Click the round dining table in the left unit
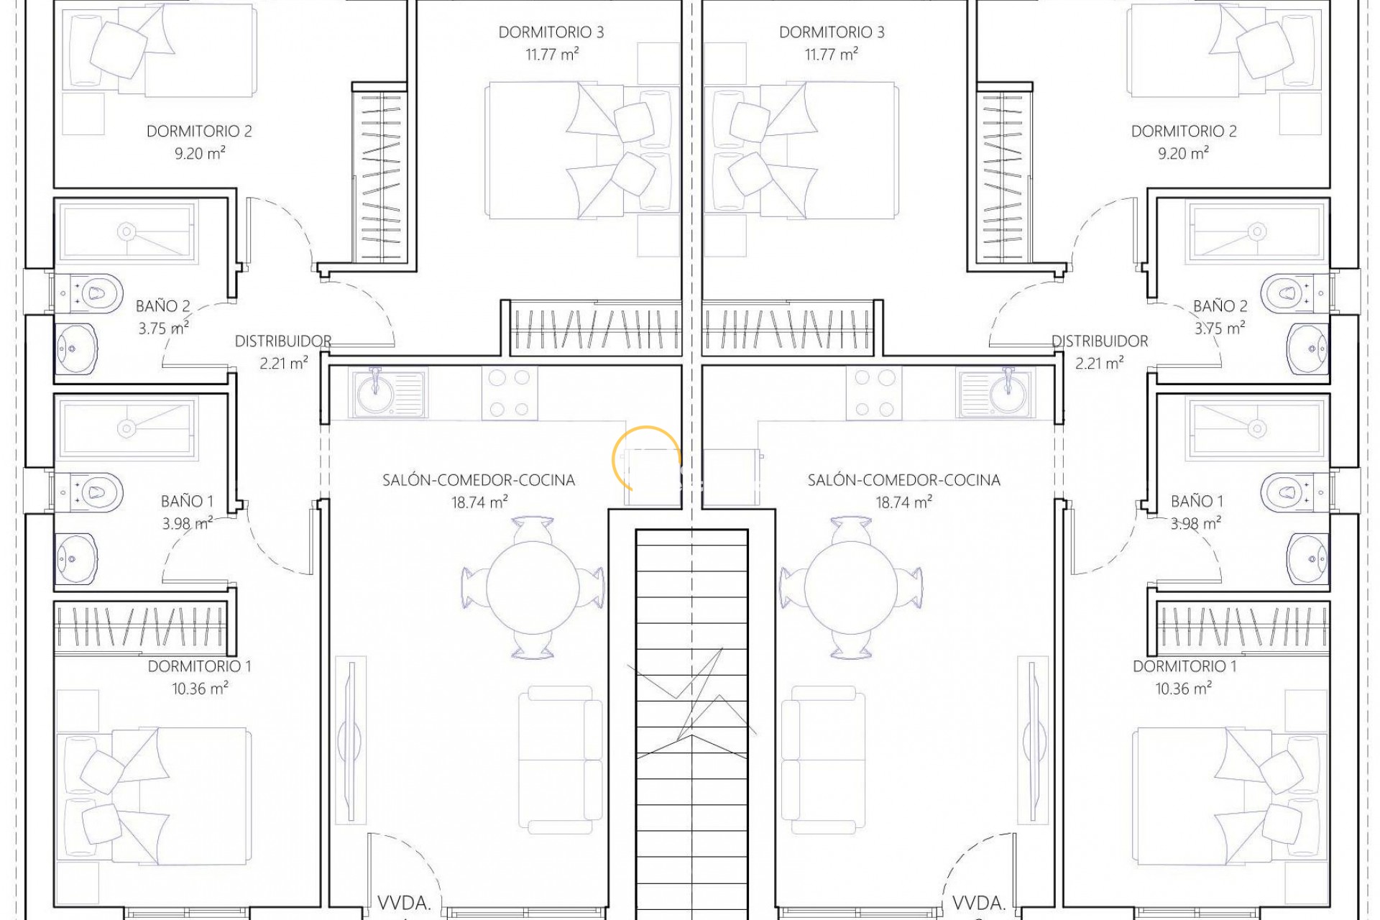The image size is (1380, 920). point(533,587)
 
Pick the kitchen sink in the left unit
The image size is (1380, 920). point(388,392)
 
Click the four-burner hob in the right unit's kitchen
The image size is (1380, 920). point(874,392)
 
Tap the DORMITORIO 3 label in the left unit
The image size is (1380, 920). point(551,32)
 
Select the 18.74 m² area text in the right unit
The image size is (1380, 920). point(903,502)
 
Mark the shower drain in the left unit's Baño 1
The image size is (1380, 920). point(126,428)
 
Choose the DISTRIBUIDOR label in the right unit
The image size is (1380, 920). point(1100,341)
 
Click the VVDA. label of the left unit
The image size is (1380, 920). point(404,903)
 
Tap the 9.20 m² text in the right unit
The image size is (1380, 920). point(1183,153)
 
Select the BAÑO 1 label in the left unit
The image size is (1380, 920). point(187,501)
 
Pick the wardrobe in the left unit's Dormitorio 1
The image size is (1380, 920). point(140,627)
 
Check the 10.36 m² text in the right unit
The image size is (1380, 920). point(1183,689)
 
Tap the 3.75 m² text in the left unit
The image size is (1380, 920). point(164,328)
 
